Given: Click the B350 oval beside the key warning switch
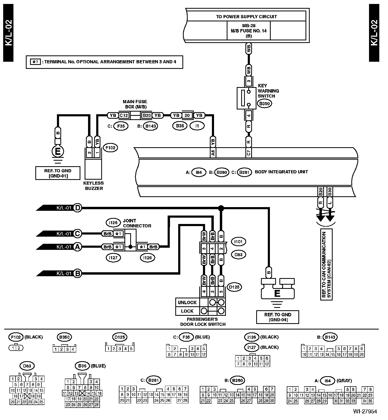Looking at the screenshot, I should click(265, 103).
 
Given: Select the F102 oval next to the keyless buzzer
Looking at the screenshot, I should click(110, 148).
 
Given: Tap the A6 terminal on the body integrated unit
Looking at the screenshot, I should click(213, 153).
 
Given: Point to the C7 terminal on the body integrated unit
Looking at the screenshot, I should click(249, 153).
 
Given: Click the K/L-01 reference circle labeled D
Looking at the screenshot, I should click(77, 208).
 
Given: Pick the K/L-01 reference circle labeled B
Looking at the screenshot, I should click(77, 274).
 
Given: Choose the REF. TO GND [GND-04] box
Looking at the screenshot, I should click(278, 317).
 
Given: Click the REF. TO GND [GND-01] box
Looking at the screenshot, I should click(58, 173).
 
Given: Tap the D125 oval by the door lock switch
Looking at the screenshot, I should click(234, 287).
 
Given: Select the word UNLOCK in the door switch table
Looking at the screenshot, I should click(187, 302).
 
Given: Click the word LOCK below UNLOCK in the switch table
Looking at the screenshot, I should click(187, 311).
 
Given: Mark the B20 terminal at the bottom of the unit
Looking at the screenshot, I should click(321, 192).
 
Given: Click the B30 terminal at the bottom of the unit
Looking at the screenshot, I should click(330, 192).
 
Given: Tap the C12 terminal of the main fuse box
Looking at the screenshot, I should click(124, 115).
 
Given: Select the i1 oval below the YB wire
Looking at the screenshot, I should click(197, 126).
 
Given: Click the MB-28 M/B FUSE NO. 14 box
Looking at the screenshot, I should click(249, 31).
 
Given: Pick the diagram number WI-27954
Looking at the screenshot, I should click(365, 412).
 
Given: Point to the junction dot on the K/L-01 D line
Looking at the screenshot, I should click(221, 208).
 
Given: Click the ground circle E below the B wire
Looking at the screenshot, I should click(58, 151).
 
